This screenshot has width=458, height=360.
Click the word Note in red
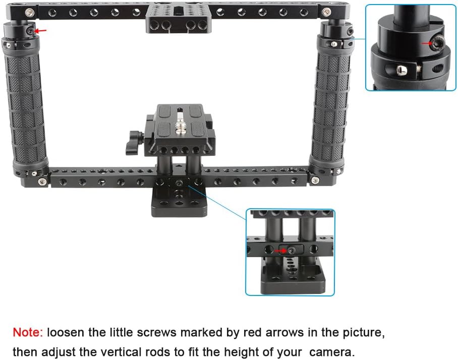point(27,333)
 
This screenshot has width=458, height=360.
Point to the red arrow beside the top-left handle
point(42,31)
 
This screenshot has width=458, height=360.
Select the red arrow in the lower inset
point(278,250)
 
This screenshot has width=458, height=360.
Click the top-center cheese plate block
point(175,19)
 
